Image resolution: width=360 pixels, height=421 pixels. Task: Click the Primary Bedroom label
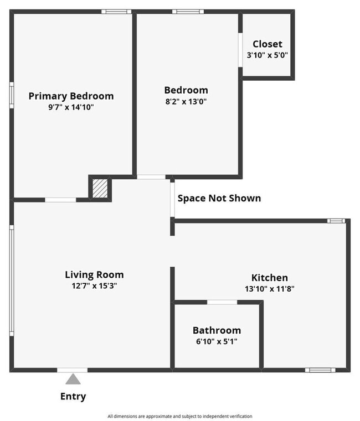pos(71,96)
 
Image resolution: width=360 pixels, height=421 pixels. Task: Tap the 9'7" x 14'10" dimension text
pos(71,107)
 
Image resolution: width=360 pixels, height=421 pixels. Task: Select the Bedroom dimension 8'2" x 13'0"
pos(186,101)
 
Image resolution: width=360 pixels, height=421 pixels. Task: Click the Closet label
pos(268,44)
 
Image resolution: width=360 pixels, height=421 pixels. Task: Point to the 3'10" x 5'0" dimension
pos(268,55)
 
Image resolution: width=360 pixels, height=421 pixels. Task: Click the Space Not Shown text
pos(219,198)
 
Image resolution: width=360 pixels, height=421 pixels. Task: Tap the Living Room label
pos(94,274)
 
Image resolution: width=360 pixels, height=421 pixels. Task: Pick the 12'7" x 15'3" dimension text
pos(94,286)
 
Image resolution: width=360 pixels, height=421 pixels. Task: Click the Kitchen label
pos(270,277)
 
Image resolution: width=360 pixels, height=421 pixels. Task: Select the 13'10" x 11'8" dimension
pos(270,289)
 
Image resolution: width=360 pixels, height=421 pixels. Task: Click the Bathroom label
pos(217,330)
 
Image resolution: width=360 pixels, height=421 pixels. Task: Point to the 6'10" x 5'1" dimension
pos(217,342)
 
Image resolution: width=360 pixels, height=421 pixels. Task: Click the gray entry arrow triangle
pos(73,379)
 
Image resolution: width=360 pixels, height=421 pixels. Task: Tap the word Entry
pos(73,396)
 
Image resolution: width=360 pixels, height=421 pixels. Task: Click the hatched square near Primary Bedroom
pos(100,188)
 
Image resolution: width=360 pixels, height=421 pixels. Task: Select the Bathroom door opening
pos(222,302)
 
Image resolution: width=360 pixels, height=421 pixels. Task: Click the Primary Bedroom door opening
pos(60,200)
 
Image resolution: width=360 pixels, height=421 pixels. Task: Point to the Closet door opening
pos(240,50)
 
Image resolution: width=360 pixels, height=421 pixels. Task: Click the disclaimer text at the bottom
pos(180,416)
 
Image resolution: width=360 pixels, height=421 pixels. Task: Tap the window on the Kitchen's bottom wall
pos(320,370)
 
